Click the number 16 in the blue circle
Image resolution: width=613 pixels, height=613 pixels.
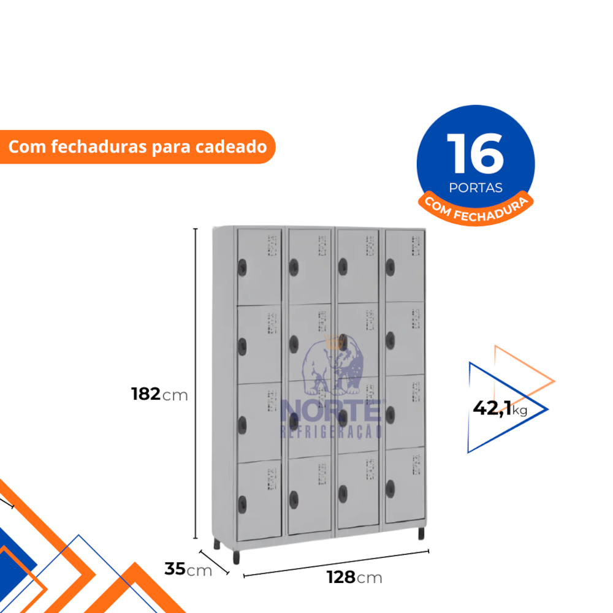pos(476,154)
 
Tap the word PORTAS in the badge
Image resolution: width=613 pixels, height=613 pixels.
pos(476,188)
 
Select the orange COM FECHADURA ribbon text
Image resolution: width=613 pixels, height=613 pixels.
pos(476,210)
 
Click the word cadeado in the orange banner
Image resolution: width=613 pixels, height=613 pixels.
pos(231,147)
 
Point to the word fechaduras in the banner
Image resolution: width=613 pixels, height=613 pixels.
pos(99,147)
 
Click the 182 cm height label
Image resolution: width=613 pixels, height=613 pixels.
pos(159,394)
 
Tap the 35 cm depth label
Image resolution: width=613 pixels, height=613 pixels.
pos(188,569)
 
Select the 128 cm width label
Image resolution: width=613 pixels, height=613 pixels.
pos(354,577)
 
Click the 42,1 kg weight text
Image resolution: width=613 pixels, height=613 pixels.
pos(500,408)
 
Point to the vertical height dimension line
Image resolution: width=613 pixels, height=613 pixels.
pos(196,384)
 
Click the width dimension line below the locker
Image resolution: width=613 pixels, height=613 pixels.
pos(336,563)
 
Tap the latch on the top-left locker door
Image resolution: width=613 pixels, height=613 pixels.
pos(242,267)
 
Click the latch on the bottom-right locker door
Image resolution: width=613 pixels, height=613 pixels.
pos(390,489)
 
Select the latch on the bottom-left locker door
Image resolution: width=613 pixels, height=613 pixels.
pos(242,504)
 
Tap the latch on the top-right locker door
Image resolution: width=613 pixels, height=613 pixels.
pos(390,267)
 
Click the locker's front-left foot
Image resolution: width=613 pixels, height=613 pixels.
pos(236,557)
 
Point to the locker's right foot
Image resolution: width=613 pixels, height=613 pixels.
pos(421,533)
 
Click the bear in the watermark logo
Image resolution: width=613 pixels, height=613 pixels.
pos(333,365)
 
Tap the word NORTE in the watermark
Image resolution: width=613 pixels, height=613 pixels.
pos(332,411)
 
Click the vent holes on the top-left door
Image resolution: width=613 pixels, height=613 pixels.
pos(272,246)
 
